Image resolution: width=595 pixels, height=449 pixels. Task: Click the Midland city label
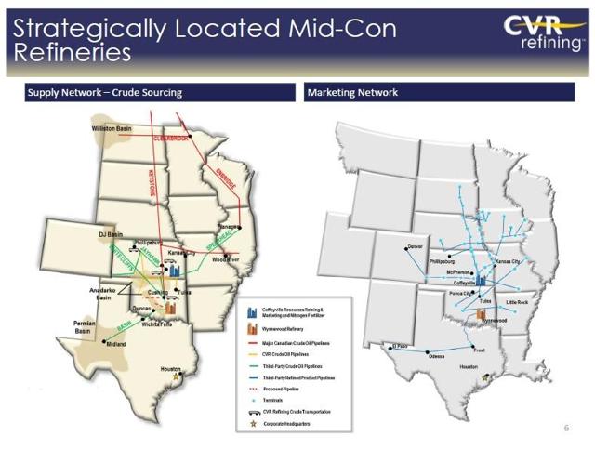(x=116, y=344)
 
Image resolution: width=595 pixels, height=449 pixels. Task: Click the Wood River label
(x=228, y=259)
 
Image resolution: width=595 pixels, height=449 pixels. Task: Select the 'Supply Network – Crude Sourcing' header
(x=104, y=92)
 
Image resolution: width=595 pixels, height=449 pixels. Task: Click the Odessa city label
(x=436, y=358)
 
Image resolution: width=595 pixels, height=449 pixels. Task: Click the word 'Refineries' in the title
(x=73, y=52)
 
